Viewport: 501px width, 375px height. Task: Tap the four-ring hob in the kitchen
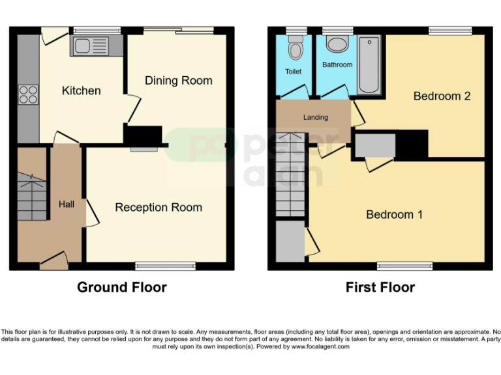29,94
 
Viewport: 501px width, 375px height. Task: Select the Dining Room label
178,81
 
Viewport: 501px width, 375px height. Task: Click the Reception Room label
159,208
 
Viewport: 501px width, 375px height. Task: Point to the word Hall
67,204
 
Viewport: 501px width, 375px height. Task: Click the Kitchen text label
81,90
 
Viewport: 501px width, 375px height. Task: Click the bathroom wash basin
337,44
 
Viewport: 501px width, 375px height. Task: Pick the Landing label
315,117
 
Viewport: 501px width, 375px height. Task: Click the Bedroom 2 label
442,96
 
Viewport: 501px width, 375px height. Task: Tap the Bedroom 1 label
394,214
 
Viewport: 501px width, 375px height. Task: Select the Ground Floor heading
122,287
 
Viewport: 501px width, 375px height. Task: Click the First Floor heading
380,287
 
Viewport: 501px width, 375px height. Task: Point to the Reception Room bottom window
165,266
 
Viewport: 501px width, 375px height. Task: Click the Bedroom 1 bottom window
404,266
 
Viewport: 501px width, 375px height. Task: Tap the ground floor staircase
31,195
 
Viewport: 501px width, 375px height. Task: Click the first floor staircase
290,174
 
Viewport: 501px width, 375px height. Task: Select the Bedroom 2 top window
450,31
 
